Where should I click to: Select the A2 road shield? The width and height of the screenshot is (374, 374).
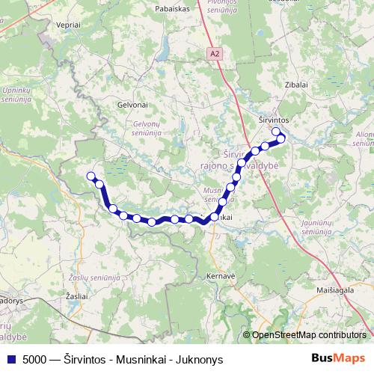tap(215, 53)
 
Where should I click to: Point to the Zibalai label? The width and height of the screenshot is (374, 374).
tap(297, 85)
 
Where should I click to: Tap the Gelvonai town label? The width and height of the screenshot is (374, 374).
tap(131, 105)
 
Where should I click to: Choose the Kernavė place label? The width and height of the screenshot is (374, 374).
tap(221, 275)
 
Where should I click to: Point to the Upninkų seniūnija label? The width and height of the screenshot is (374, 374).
tap(16, 95)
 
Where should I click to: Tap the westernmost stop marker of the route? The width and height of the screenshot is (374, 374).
tap(91, 176)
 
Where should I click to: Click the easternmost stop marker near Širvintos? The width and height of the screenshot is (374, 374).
tap(281, 138)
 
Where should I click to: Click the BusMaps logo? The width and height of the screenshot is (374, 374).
tap(338, 358)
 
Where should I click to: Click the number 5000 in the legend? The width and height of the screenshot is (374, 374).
tap(36, 358)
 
